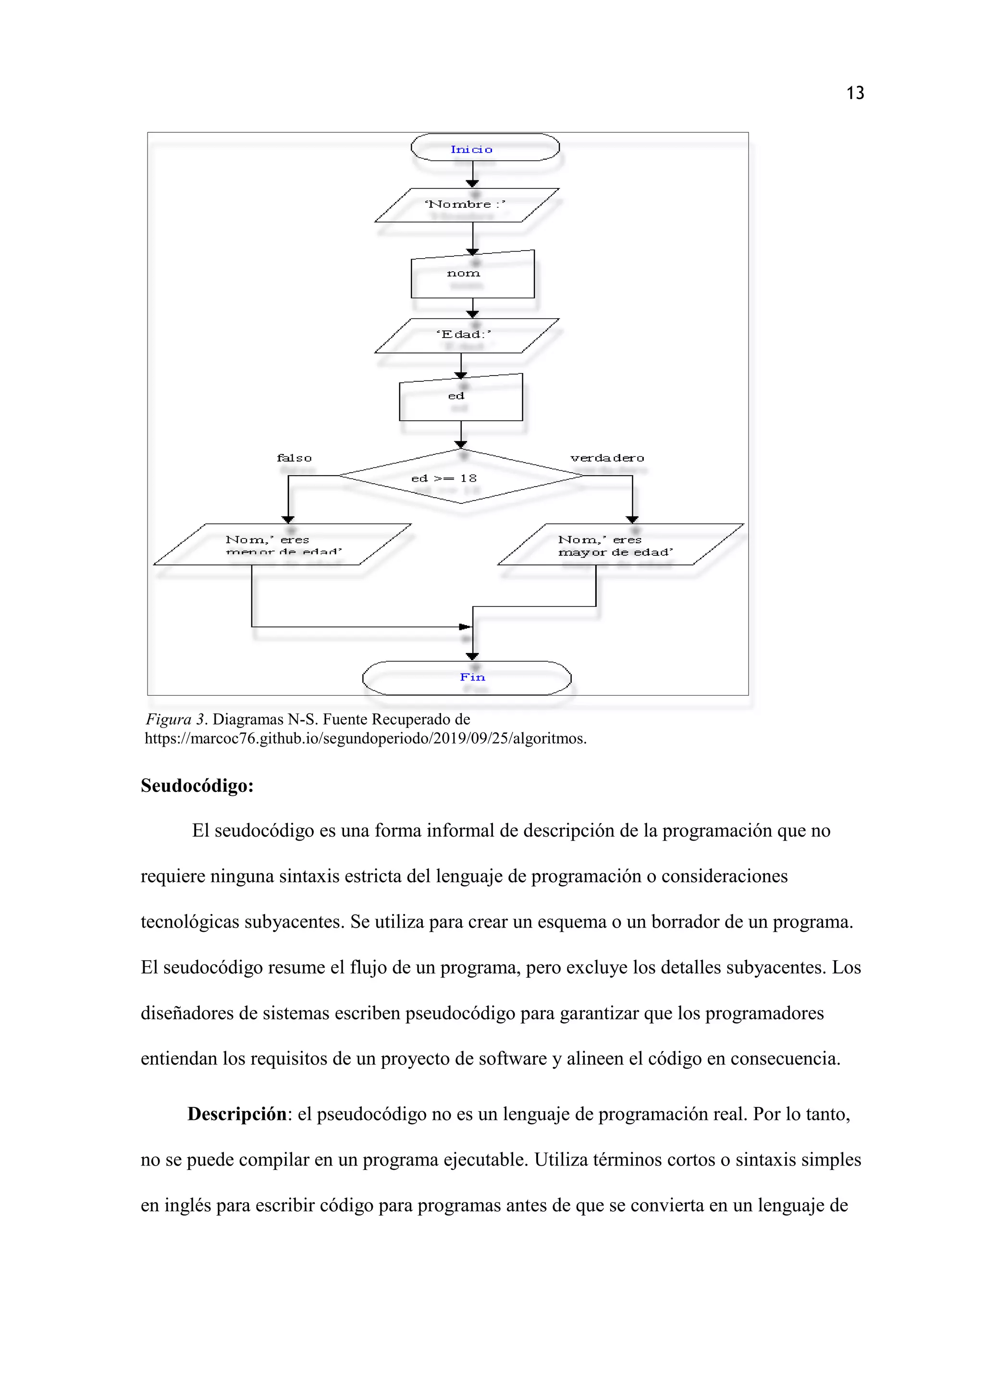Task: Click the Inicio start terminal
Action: pos(485,147)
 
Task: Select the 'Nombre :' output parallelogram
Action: pos(467,205)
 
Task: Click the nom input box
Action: pos(473,276)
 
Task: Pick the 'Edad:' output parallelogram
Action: pos(467,335)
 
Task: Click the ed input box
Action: pos(460,398)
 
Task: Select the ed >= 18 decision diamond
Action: pos(460,477)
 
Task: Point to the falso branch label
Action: pos(294,458)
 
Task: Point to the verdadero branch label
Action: pos(607,458)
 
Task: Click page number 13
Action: pos(855,93)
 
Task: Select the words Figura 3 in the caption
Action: pos(175,720)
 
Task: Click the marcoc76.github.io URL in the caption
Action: pos(365,739)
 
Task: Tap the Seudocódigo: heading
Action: pos(197,786)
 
